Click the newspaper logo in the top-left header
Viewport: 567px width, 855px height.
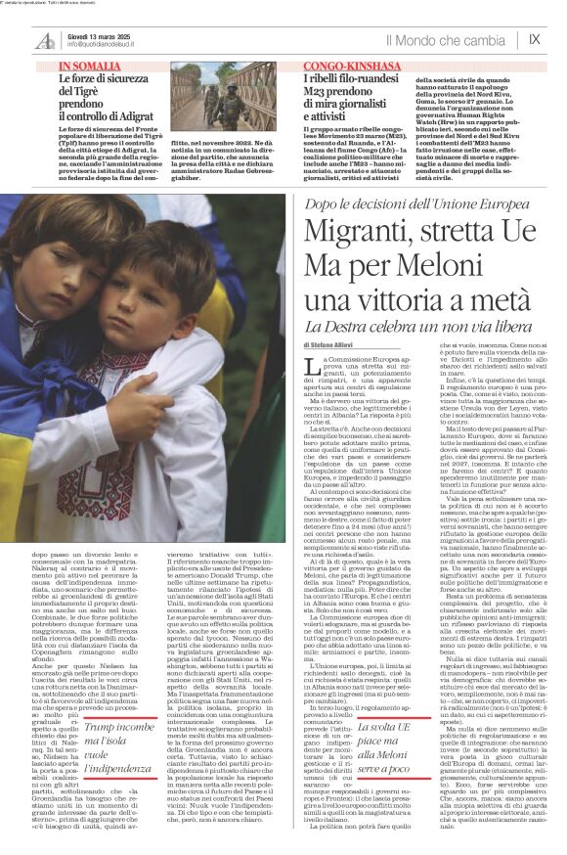pos(45,41)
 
